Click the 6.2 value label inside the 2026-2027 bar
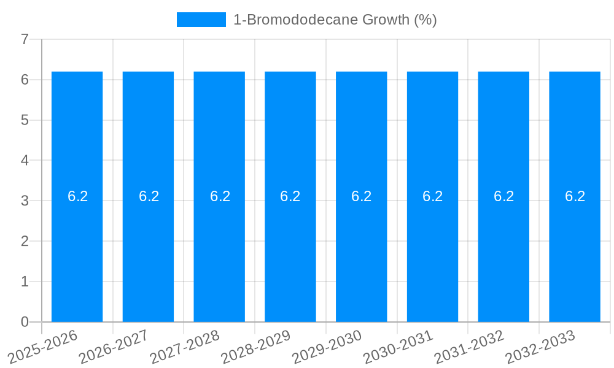click(x=149, y=196)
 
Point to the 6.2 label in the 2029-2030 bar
click(x=362, y=196)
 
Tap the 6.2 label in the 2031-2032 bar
click(x=503, y=196)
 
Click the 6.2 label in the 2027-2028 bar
click(x=220, y=196)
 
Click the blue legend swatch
click(x=201, y=20)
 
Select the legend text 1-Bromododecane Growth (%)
click(x=335, y=20)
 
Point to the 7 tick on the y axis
click(x=25, y=39)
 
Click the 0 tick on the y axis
click(x=25, y=322)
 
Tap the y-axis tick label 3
click(x=25, y=201)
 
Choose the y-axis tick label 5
click(x=25, y=120)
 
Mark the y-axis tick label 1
click(x=25, y=282)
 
